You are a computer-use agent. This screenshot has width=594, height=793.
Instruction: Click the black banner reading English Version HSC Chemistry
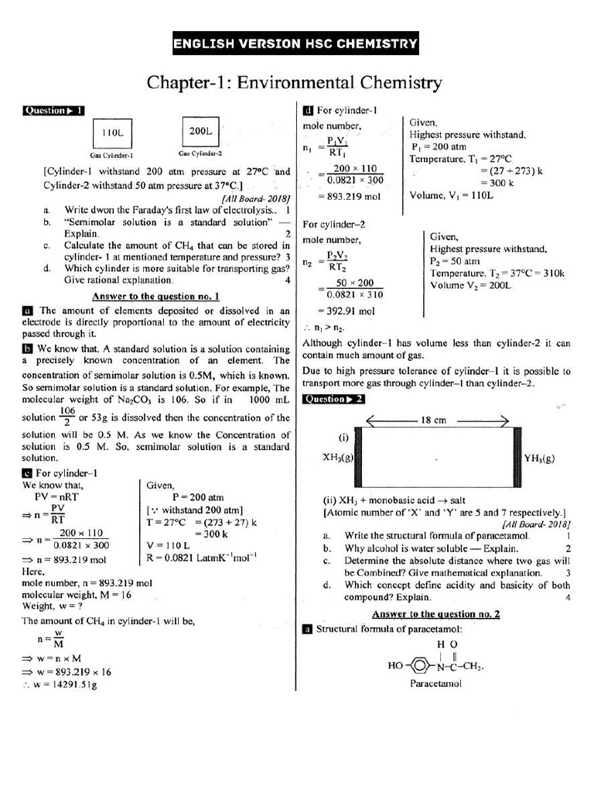click(295, 44)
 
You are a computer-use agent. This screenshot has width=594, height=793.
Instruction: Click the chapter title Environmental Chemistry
click(295, 82)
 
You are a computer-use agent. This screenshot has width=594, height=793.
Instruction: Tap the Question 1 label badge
click(53, 110)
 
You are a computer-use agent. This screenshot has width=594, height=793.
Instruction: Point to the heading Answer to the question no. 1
click(155, 296)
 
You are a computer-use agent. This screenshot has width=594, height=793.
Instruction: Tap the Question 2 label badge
click(333, 400)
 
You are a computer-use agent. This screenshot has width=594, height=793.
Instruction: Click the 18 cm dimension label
click(433, 421)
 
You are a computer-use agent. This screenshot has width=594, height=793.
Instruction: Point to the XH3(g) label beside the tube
click(337, 458)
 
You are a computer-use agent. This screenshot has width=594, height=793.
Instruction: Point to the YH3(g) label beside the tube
click(539, 458)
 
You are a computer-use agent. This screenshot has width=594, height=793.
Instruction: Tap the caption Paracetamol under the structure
click(435, 684)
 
